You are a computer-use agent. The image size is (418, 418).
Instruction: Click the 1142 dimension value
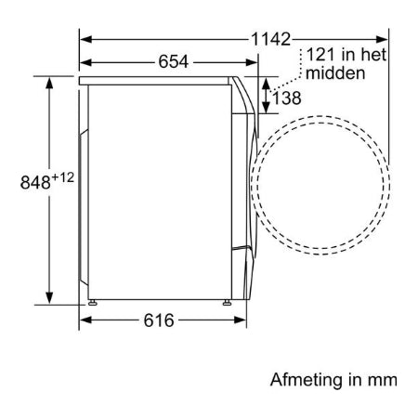point(270,39)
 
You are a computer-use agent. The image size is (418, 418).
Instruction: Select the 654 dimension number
point(174,61)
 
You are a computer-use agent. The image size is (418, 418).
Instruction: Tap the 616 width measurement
point(159,320)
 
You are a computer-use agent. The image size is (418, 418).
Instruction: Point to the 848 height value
point(35,182)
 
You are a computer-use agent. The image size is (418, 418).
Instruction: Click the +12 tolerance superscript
point(63,177)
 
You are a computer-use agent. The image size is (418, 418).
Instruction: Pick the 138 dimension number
point(286,98)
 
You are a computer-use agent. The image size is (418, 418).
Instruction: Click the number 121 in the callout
point(320,55)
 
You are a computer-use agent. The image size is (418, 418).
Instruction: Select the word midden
point(335,73)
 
